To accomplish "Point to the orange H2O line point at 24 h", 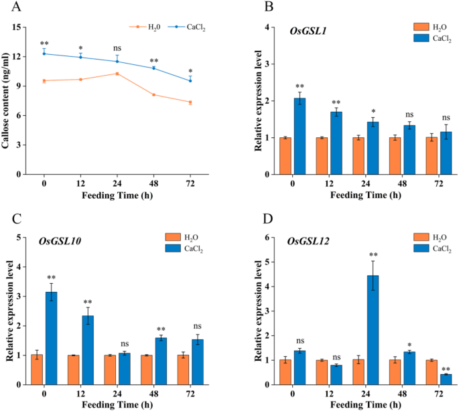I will click(117, 74).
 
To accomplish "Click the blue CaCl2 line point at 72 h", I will click(190, 80).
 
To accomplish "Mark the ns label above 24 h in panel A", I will click(118, 48).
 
